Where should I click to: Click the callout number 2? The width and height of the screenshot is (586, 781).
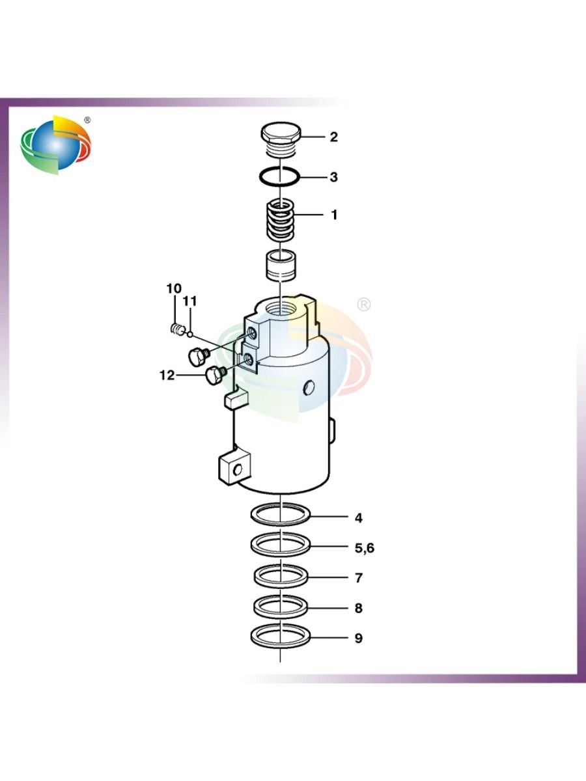(333, 137)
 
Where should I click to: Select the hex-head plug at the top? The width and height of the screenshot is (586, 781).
(281, 140)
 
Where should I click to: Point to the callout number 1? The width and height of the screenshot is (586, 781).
(334, 215)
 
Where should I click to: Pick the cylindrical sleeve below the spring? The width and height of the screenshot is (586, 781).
(282, 266)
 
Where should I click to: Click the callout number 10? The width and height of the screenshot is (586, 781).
(174, 288)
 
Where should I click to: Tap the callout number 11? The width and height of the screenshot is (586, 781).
(189, 301)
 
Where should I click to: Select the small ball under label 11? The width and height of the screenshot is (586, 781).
(190, 334)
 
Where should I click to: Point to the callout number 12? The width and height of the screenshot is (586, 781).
(167, 375)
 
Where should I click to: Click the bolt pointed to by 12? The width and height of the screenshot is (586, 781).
(216, 376)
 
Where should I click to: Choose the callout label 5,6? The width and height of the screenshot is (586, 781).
(365, 548)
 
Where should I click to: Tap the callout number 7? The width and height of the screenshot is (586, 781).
(359, 578)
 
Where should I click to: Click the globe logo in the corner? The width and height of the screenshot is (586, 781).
(56, 145)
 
